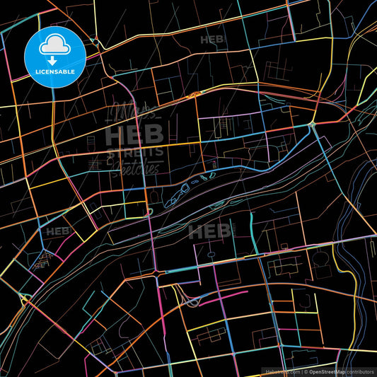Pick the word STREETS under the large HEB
[x=134, y=151]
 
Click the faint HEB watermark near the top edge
[x=213, y=40]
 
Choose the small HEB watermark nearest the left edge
[x=58, y=231]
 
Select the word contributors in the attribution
[x=360, y=371]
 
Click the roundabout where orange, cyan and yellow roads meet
[x=312, y=125]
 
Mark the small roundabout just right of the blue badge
[x=95, y=42]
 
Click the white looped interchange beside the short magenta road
[x=190, y=300]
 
